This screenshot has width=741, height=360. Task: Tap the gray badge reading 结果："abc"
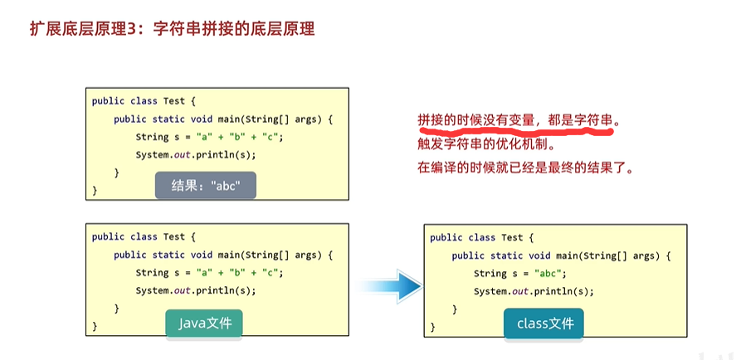(205, 186)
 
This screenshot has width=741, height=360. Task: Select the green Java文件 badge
(204, 323)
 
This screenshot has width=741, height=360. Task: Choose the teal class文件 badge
(544, 323)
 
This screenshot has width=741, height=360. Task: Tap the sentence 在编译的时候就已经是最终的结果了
(525, 167)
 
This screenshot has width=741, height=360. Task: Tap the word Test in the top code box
(174, 101)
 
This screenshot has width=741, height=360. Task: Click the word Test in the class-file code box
(512, 238)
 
